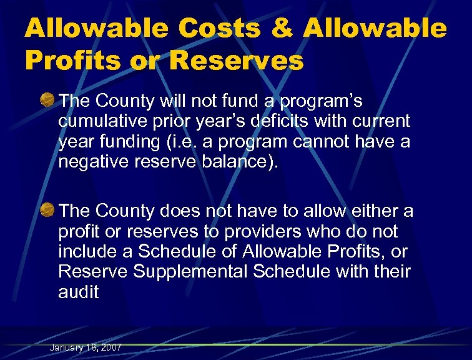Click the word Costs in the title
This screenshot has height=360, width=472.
coord(222,29)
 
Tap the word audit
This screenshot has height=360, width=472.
coord(78,292)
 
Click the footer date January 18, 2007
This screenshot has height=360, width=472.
coord(86,347)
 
